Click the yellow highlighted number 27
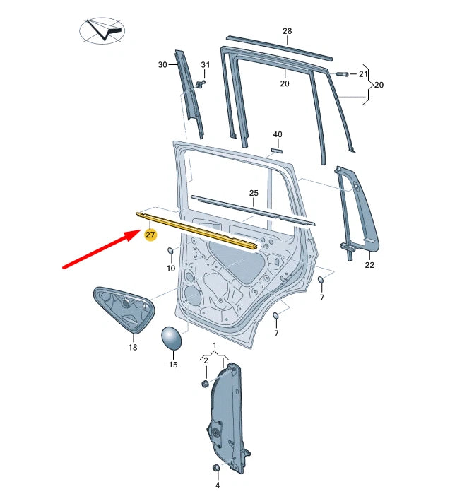(x=150, y=235)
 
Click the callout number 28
(x=287, y=31)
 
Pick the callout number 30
(x=162, y=65)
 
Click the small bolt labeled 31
(x=201, y=84)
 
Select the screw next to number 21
(x=343, y=73)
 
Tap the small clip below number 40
(x=277, y=150)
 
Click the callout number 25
(x=254, y=193)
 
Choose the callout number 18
(x=133, y=348)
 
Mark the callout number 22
(x=369, y=266)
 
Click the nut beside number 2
(x=205, y=383)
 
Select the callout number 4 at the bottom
(x=218, y=485)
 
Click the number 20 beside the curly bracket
(x=379, y=85)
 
